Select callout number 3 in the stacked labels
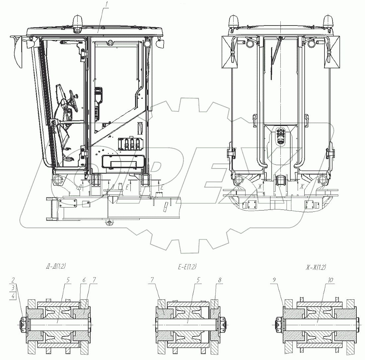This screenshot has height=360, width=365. coord(12,287)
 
